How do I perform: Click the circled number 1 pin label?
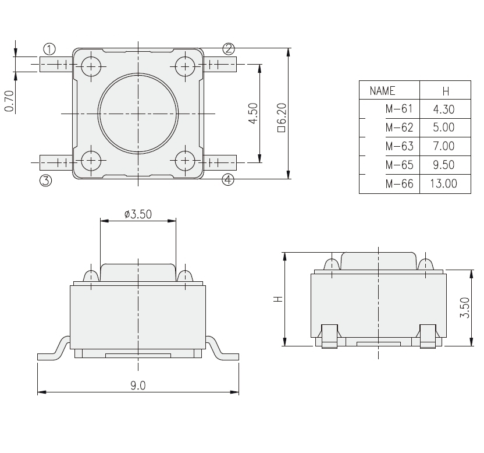pos(50,48)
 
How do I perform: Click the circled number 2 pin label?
pos(228,48)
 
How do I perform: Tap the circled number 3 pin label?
pos(45,180)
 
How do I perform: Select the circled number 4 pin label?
pos(228,180)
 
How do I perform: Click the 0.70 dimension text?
pos(9,101)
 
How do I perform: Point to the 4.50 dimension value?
pos(252,113)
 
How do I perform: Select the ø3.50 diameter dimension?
pos(138,214)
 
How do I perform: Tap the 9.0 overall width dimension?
pos(138,385)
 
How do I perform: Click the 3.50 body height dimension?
pos(464,307)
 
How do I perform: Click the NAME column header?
pos(382,91)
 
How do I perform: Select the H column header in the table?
pos(445,91)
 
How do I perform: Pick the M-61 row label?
pos(398,109)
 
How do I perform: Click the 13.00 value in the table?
pos(443,184)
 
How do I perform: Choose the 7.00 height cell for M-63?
pos(443,146)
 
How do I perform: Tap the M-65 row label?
pos(398,165)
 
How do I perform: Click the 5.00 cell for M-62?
pos(443,128)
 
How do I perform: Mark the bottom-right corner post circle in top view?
pos(185,160)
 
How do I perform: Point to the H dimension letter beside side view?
pos(278,299)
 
